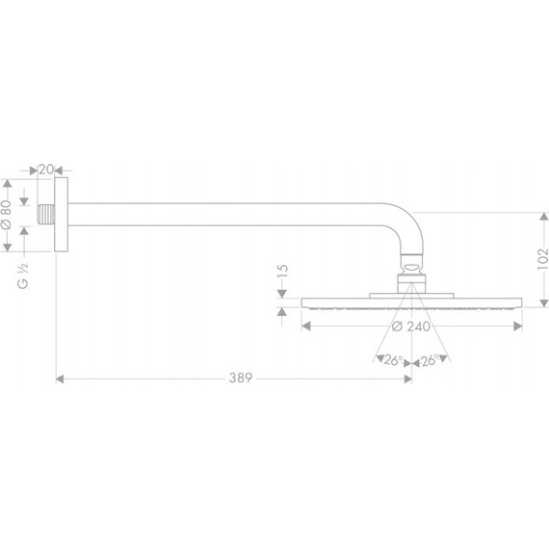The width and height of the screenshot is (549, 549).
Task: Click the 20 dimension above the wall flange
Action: [x=44, y=170]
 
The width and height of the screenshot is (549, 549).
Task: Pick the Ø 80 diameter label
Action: [x=8, y=213]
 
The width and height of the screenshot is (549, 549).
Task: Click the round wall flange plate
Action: [x=63, y=213]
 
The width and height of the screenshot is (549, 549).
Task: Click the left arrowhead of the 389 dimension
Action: [x=61, y=379]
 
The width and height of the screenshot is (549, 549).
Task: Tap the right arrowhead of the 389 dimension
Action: [x=407, y=379]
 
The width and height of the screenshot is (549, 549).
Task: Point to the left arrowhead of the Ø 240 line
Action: [x=306, y=326]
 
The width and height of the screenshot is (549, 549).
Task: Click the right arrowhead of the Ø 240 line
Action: [x=519, y=326]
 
